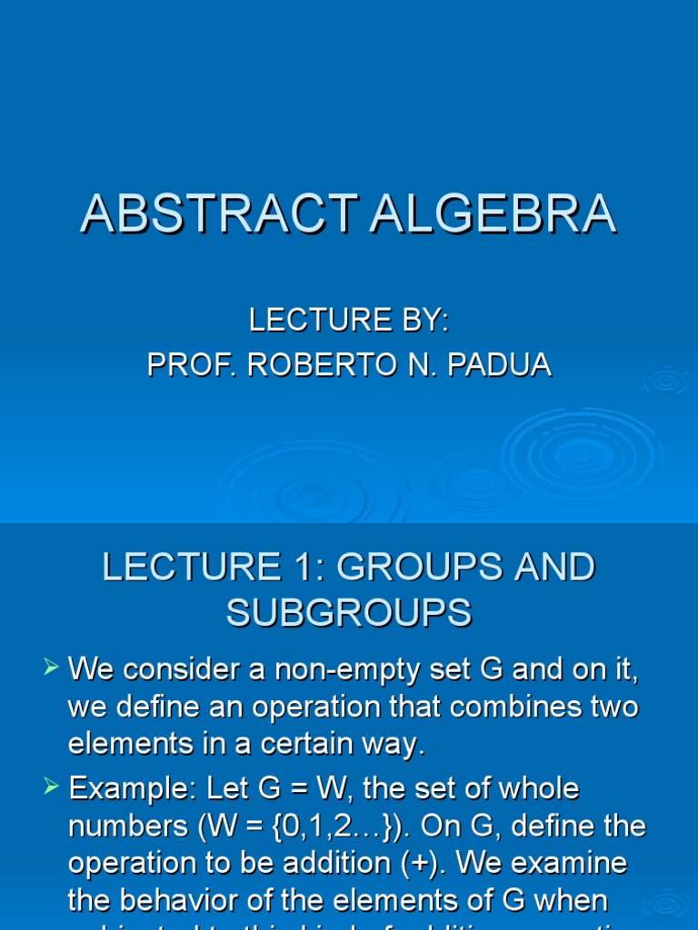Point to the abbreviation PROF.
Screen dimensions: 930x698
pyautogui.click(x=186, y=364)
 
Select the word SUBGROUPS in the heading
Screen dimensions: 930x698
pyautogui.click(x=349, y=613)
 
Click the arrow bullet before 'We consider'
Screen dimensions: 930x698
pyautogui.click(x=52, y=669)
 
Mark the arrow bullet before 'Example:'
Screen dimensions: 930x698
pyautogui.click(x=52, y=787)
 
